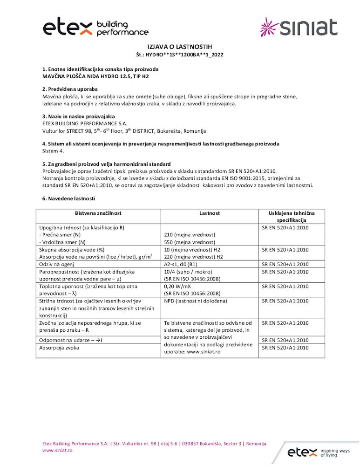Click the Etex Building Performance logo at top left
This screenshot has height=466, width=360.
tap(95, 28)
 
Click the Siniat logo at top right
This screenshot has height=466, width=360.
tap(298, 27)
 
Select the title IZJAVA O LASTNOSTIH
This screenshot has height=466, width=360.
tap(180, 48)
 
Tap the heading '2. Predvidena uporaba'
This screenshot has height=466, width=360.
tap(70, 89)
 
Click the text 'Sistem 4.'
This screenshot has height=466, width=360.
tap(53, 151)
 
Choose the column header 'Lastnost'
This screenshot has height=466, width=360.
tap(210, 213)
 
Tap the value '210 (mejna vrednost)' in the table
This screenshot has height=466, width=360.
tap(190, 235)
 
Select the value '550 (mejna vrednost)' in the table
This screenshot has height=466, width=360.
tap(190, 242)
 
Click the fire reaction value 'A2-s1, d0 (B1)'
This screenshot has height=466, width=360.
tap(183, 264)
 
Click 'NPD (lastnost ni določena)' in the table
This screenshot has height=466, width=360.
tap(196, 301)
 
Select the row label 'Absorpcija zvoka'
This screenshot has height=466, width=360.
tap(59, 348)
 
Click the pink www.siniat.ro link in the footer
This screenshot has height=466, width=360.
tap(57, 451)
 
